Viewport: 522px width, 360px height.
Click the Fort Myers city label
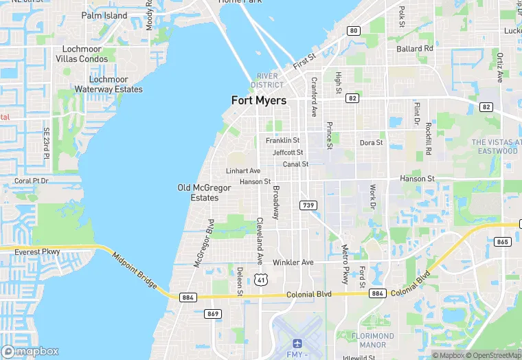point(259,100)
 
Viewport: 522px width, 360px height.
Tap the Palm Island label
point(104,15)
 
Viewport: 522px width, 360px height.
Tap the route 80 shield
point(353,31)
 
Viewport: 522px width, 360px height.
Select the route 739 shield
point(308,205)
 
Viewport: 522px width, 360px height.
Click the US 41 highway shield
point(260,279)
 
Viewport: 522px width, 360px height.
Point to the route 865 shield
point(503,241)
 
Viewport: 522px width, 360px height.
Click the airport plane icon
point(297,343)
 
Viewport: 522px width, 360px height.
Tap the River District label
point(267,80)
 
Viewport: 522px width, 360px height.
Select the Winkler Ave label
point(293,262)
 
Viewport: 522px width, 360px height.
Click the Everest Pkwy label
point(37,252)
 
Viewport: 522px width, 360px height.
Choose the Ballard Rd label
point(415,49)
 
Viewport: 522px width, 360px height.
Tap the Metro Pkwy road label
point(345,260)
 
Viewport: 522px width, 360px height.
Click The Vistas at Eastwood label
point(495,146)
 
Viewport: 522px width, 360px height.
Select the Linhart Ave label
point(243,170)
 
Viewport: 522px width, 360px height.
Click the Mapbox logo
point(30,351)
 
